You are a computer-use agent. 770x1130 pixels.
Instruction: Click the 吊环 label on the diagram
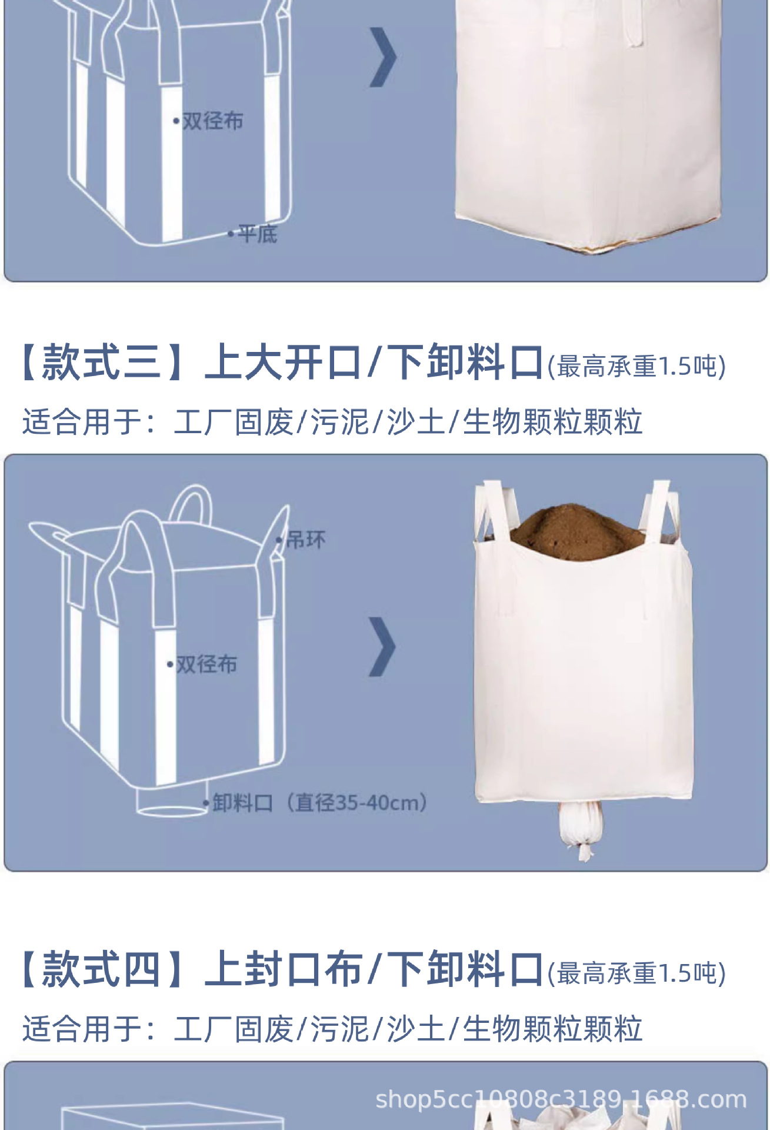point(305,539)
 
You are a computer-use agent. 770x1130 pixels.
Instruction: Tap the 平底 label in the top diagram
point(257,234)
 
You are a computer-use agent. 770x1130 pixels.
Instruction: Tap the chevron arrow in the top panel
point(383,57)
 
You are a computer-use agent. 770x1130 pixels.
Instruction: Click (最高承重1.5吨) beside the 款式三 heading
point(636,366)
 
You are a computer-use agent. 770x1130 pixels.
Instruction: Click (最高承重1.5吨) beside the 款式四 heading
point(636,973)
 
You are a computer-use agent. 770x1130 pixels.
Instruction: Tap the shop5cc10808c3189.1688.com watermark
point(561,1099)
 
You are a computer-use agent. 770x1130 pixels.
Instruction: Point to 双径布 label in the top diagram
point(212,121)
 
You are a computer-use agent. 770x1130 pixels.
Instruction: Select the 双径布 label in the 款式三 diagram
point(206,664)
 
